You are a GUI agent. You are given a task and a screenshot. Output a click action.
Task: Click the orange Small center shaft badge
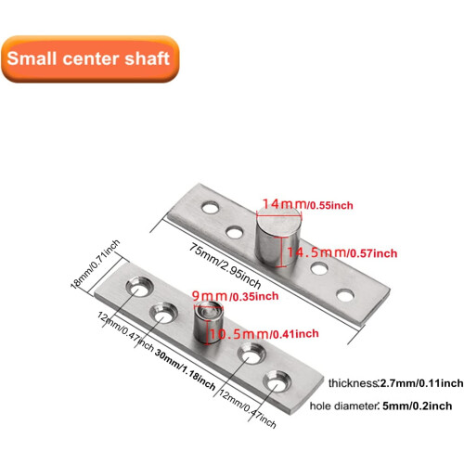[x=90, y=58]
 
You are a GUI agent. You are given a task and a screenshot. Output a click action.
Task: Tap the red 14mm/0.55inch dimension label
[x=307, y=204]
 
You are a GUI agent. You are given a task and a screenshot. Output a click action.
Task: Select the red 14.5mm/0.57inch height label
[x=342, y=252]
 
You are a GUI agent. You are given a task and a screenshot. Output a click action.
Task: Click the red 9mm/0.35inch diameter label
[x=235, y=296]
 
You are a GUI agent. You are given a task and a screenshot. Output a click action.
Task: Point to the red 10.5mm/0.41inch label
[x=264, y=334]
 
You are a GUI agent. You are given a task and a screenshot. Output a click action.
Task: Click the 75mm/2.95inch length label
[x=226, y=265]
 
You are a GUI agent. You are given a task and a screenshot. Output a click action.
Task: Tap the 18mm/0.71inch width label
[x=95, y=264]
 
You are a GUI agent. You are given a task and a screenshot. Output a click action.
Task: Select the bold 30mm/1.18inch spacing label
[x=185, y=369]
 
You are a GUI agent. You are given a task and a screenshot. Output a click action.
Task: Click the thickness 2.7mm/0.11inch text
[x=396, y=383]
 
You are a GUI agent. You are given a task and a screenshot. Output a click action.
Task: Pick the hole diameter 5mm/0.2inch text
[x=380, y=406]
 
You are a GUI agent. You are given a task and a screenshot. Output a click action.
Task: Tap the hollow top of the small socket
[x=209, y=309]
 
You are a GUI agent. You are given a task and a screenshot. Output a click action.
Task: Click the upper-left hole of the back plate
[x=211, y=208]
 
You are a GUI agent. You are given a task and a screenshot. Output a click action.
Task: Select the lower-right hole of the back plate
[x=345, y=296]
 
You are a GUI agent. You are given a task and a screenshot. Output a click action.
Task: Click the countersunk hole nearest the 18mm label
[x=140, y=287]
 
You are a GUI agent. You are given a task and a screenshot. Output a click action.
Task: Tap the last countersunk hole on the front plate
[x=277, y=382]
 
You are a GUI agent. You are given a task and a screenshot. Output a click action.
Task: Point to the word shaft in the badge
[x=147, y=58]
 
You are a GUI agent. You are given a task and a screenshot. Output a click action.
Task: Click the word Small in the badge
[x=32, y=58]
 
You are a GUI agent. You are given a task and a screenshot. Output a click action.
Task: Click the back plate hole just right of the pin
[x=319, y=268]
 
